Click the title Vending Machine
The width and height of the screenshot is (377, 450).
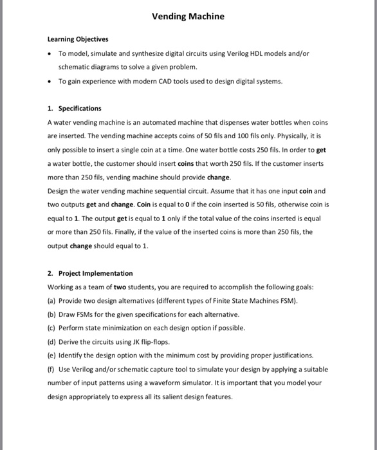pos(188,16)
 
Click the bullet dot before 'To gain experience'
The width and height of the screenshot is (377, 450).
pos(50,81)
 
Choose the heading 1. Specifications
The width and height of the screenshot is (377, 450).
pos(74,108)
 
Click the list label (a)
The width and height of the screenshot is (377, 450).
pos(52,300)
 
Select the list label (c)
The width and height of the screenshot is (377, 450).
pos(52,328)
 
